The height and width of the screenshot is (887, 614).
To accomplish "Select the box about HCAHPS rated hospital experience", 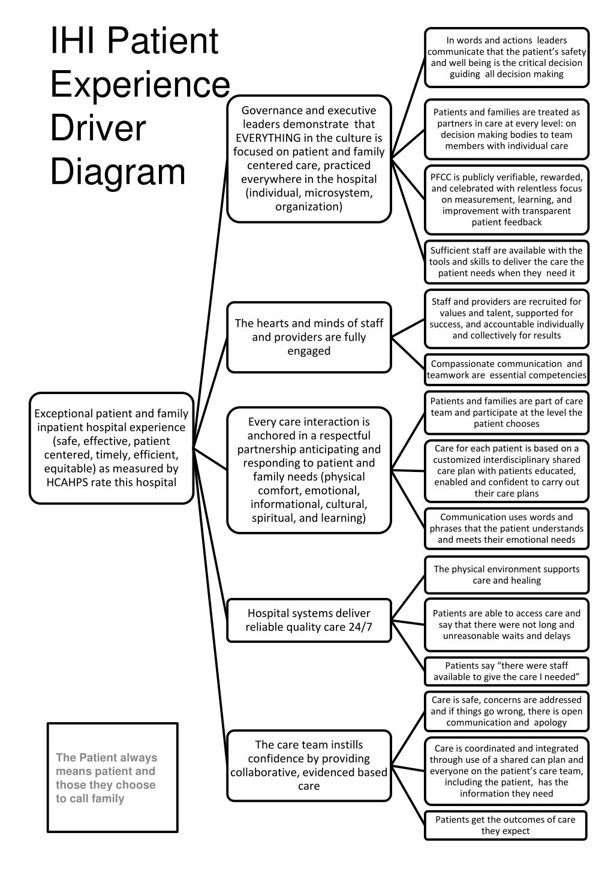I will pos(112,448).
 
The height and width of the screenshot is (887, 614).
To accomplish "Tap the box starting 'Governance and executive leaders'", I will pos(309,158).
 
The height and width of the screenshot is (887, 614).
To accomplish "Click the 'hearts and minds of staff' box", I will pos(309,336).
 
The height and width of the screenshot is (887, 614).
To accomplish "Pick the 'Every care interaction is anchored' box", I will pos(309,470).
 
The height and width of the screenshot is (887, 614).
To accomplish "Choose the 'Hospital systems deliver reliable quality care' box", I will pos(309,620).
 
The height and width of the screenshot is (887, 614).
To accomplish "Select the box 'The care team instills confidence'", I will pos(309,765).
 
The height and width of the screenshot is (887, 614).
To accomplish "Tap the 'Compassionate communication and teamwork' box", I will pos(507,369).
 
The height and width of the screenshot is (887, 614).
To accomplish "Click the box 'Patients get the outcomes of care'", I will pos(505,825).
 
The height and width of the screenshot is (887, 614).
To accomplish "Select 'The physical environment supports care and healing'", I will pos(507,575).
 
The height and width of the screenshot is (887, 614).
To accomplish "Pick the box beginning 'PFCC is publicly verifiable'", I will pos(507,199).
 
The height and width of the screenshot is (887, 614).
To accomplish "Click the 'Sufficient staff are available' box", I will pos(507,261).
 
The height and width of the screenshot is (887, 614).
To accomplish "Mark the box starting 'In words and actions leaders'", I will pos(507,58).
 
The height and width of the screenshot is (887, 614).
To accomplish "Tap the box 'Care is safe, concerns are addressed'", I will pos(507,711).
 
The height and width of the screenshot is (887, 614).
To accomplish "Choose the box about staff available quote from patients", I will pos(507,671).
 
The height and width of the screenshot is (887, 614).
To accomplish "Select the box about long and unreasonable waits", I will pos(507,624).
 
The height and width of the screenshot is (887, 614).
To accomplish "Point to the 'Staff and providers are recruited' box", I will pos(507,318).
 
